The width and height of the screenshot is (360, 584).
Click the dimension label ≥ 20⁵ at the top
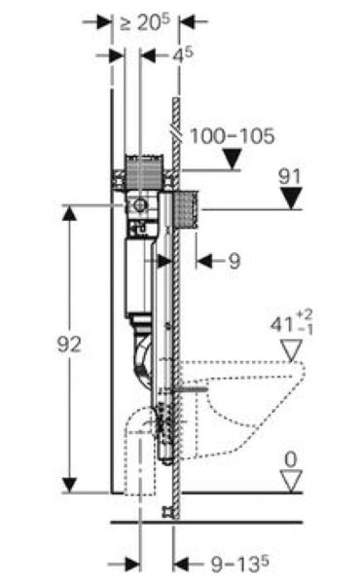click(x=144, y=22)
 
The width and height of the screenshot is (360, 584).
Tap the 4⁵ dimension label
click(x=182, y=55)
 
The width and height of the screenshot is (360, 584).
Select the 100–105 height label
click(x=232, y=136)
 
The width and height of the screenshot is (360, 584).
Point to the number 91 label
click(x=289, y=176)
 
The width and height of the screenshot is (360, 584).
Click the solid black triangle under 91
click(x=291, y=199)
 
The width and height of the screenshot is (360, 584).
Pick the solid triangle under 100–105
click(x=233, y=159)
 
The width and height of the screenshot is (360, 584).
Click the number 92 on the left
click(x=69, y=345)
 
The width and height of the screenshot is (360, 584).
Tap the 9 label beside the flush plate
click(x=234, y=261)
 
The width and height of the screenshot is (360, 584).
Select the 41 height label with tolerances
click(x=291, y=322)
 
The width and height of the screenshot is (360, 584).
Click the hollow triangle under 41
click(x=291, y=350)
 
